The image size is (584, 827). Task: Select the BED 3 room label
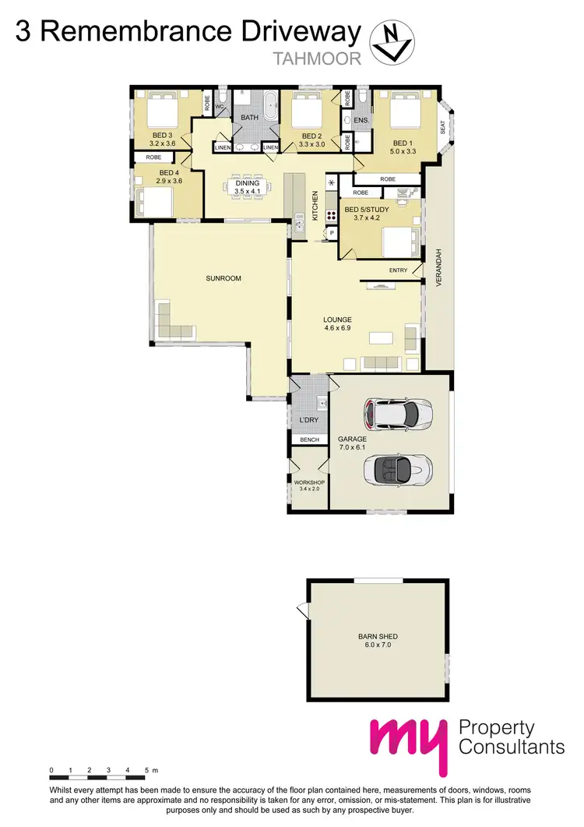(162, 135)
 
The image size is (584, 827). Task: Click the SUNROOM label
(202, 277)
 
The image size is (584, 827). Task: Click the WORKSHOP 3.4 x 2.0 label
(308, 486)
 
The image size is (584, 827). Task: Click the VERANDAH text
(438, 269)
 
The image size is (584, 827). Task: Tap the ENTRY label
(398, 270)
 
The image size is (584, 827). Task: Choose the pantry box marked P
(332, 233)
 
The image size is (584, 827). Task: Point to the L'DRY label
(309, 420)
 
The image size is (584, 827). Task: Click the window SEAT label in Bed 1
(442, 127)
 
